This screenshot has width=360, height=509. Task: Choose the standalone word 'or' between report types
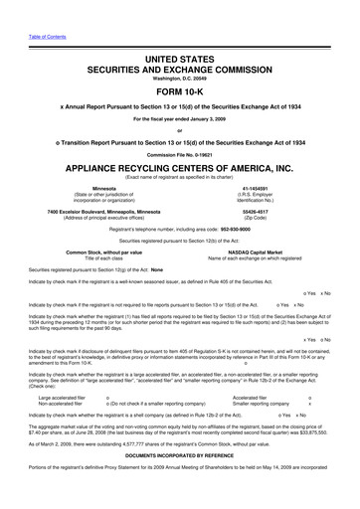click(180, 136)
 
